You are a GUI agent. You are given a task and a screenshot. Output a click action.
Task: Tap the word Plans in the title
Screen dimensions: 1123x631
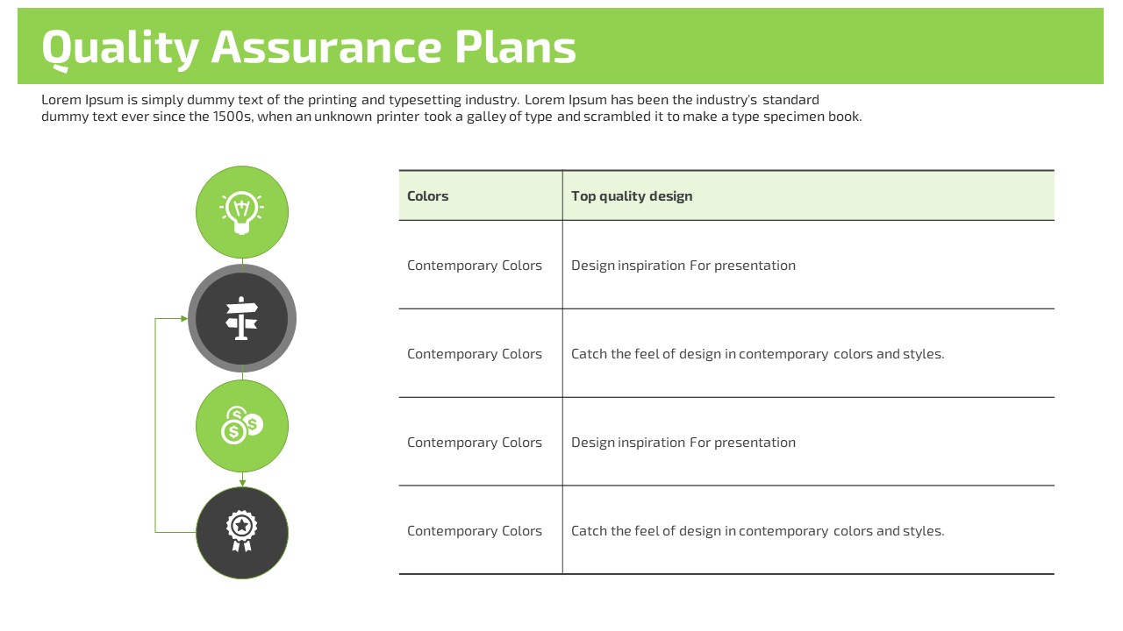[x=515, y=46]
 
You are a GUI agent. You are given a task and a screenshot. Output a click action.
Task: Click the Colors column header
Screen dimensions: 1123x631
[x=427, y=195]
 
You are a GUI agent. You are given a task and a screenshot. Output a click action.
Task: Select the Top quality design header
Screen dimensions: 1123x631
[x=632, y=196]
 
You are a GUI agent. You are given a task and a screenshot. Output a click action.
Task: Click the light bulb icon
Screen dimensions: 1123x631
[x=241, y=213]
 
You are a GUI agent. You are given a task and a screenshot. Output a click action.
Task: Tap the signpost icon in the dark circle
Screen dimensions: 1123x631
[x=241, y=318]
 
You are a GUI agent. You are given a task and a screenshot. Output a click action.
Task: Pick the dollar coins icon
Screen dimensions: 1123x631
[x=242, y=425]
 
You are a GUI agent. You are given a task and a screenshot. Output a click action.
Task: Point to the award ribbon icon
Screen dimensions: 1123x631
[x=241, y=531]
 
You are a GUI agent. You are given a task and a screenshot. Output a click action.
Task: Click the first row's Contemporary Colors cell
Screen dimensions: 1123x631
[x=475, y=266]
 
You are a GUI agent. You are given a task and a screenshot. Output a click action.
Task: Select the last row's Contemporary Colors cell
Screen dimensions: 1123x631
[x=475, y=531]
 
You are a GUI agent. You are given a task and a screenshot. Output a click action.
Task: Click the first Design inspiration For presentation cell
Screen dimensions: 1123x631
[x=683, y=266]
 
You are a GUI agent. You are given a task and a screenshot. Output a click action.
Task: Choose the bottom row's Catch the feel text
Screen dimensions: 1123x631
[x=757, y=531]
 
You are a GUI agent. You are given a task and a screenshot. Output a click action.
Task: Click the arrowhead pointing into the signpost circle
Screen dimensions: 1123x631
[x=184, y=318]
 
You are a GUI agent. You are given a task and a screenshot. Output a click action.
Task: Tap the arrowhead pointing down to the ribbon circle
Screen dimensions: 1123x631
[x=243, y=483]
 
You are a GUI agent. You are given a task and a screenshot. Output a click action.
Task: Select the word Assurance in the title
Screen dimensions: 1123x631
[x=326, y=46]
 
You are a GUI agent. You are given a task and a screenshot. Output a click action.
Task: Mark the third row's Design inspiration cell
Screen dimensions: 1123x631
[x=683, y=443]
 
